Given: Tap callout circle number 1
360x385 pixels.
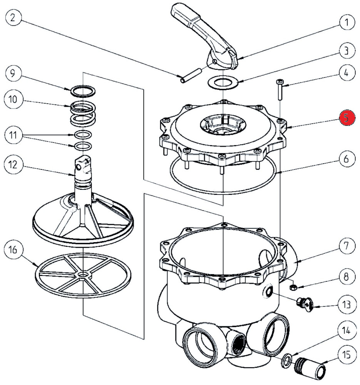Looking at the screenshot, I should [x=347, y=22].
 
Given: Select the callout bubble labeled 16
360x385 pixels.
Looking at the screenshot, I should [x=13, y=250].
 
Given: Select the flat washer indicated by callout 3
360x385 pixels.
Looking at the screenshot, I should [x=223, y=82].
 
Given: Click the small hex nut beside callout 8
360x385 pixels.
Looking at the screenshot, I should [x=292, y=286].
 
